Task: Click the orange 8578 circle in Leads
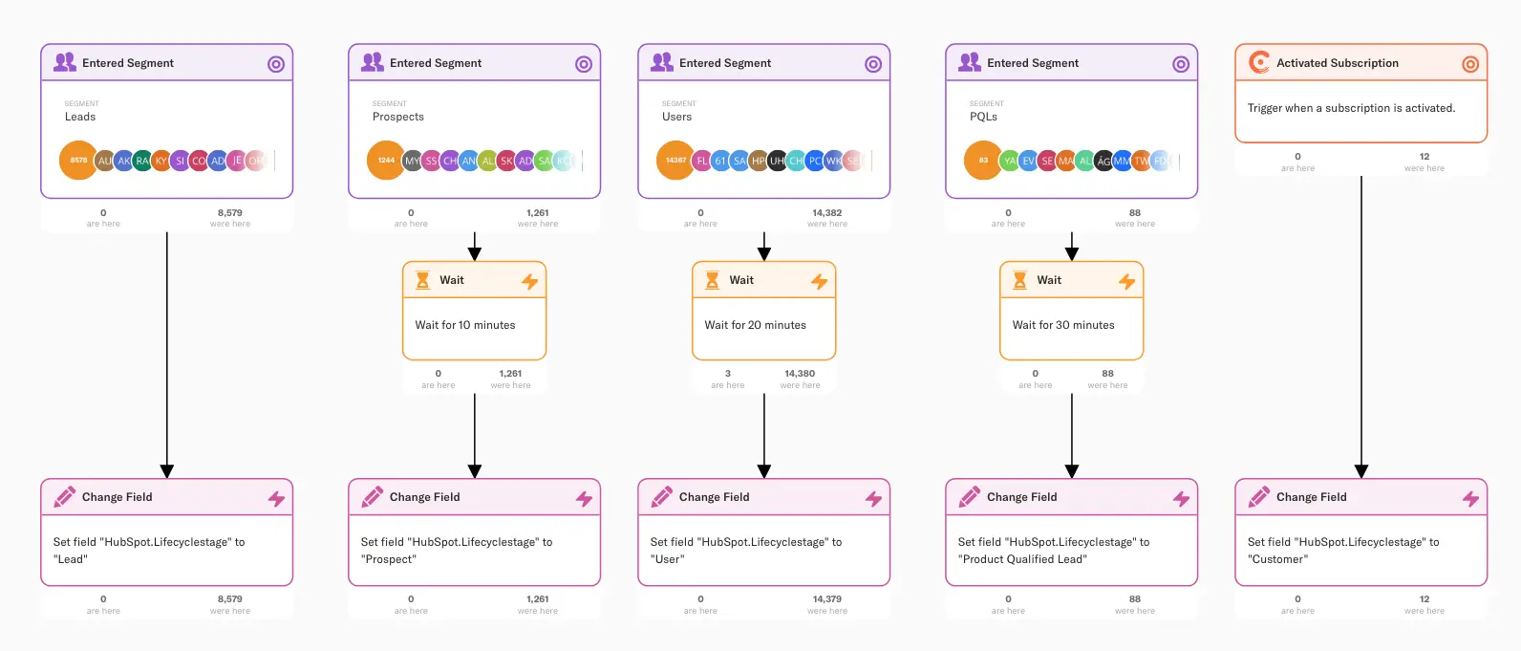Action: click(x=78, y=161)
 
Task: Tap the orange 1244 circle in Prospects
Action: click(x=386, y=161)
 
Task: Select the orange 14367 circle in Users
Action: click(x=675, y=161)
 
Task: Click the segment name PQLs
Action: click(x=983, y=117)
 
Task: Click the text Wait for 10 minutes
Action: click(x=465, y=325)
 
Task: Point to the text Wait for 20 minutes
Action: click(x=755, y=325)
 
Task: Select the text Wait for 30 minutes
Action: click(x=1063, y=325)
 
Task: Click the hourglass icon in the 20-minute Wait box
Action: click(x=712, y=280)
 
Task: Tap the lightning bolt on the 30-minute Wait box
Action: click(x=1127, y=281)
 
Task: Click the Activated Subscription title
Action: click(x=1337, y=63)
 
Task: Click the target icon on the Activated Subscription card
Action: click(x=1470, y=64)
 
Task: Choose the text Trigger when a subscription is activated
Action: click(x=1351, y=108)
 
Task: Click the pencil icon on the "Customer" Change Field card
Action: click(x=1259, y=497)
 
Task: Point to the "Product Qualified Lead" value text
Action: click(x=1022, y=559)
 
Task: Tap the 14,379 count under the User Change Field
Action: click(x=827, y=599)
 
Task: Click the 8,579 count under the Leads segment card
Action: click(x=229, y=213)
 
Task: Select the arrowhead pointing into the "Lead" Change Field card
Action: click(x=167, y=471)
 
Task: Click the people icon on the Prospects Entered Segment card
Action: click(x=373, y=62)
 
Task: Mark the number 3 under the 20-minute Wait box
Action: click(x=727, y=374)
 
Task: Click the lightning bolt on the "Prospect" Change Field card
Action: click(x=584, y=498)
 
